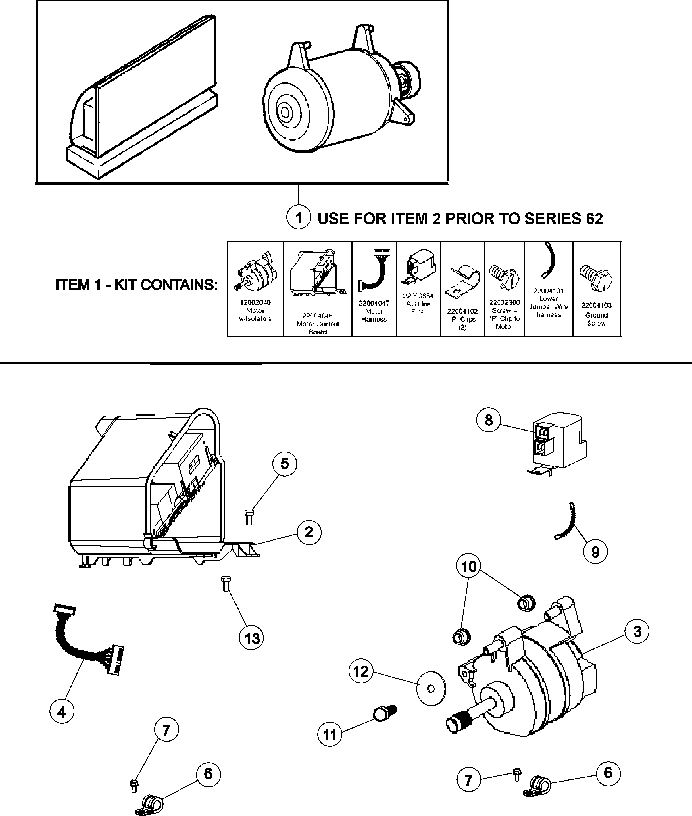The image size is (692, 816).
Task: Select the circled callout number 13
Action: tap(251, 638)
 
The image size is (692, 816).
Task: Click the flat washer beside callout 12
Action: tap(431, 689)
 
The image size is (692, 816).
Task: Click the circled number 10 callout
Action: tap(469, 567)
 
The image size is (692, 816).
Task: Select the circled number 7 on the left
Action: tap(166, 730)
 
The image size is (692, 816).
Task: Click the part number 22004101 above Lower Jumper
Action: tap(548, 291)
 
